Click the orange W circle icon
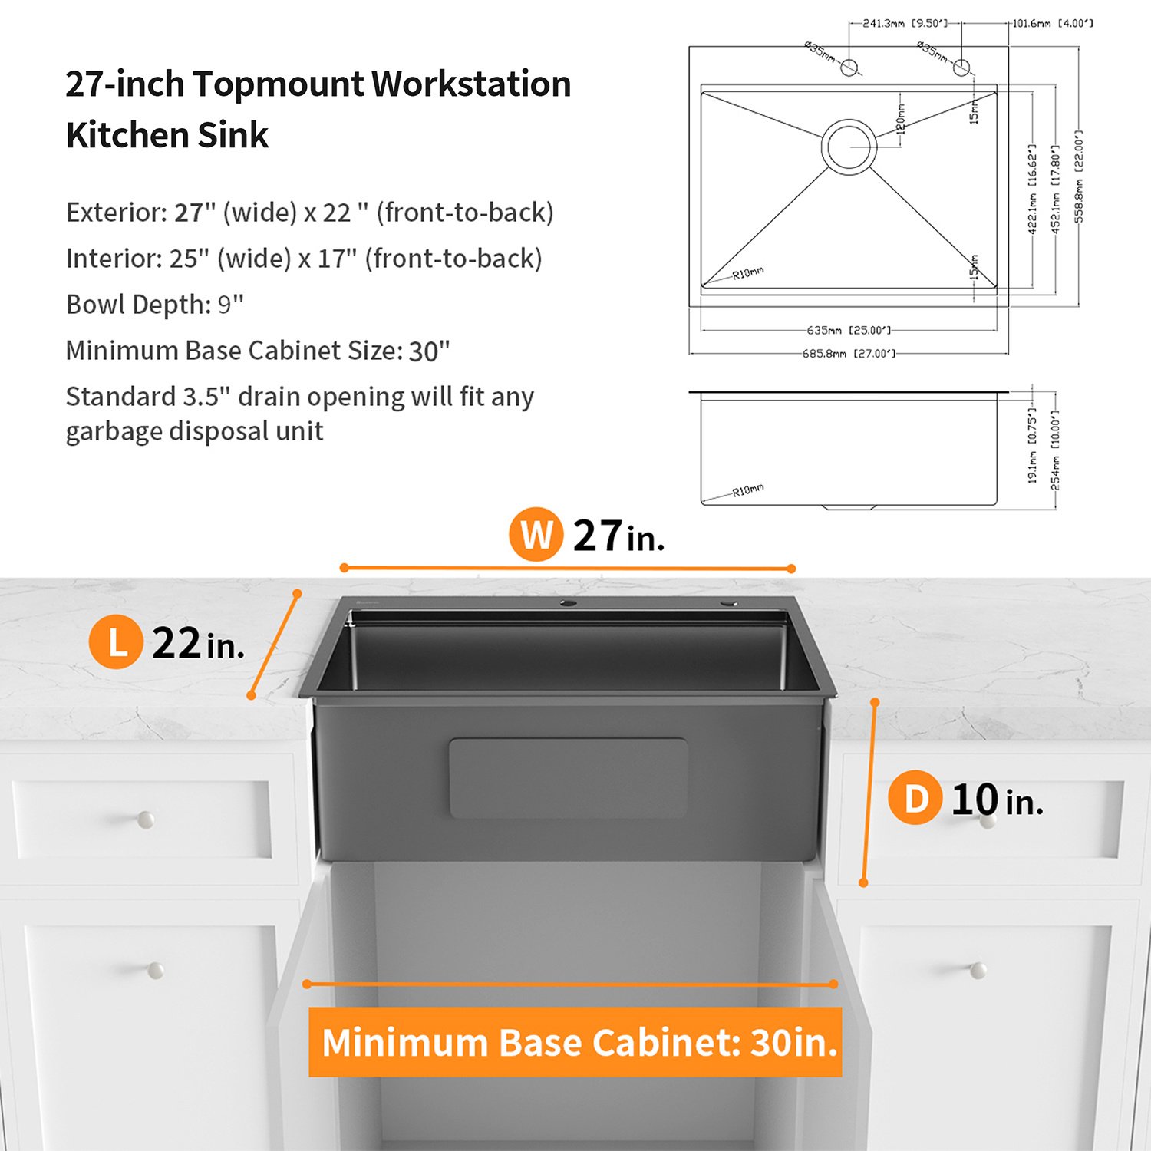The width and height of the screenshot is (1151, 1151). [536, 534]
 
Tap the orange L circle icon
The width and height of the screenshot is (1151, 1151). [116, 642]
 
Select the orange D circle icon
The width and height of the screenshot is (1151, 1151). [915, 798]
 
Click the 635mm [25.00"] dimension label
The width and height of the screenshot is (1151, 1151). [849, 330]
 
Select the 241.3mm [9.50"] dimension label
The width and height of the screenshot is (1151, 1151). [905, 23]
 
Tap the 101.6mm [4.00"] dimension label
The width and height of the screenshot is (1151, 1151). [1052, 23]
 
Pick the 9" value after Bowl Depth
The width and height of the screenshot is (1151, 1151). [230, 304]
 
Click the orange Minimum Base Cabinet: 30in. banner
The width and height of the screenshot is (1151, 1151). [575, 1042]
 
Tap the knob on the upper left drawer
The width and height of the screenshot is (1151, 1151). [146, 820]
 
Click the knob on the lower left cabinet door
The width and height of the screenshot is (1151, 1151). [156, 971]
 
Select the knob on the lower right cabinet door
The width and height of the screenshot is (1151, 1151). [978, 971]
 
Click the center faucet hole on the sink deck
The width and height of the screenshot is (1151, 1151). [568, 603]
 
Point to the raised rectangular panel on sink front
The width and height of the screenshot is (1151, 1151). [568, 778]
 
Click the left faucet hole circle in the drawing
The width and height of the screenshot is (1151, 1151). [849, 67]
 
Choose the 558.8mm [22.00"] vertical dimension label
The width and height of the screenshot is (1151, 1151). [1079, 176]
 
